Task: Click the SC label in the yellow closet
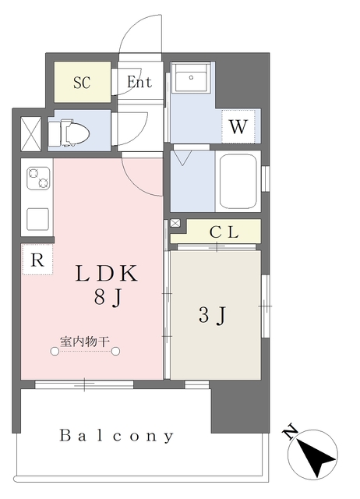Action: [x=82, y=83]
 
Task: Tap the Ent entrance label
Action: [x=139, y=82]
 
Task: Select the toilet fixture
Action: [x=69, y=133]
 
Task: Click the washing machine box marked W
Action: [x=238, y=126]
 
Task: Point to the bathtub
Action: [x=238, y=181]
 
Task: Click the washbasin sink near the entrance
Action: [x=190, y=78]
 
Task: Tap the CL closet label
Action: [x=224, y=232]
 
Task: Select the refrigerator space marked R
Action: [x=37, y=260]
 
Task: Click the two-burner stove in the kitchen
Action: [x=38, y=179]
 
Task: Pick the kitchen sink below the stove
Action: [x=38, y=219]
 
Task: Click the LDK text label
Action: [x=107, y=274]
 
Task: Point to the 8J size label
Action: [x=108, y=299]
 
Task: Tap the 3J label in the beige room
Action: [x=212, y=315]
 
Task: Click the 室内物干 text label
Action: [x=85, y=342]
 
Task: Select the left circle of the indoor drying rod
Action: [x=55, y=351]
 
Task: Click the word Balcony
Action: [x=117, y=435]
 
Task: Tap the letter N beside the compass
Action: [x=291, y=432]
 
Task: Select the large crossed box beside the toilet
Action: [x=31, y=134]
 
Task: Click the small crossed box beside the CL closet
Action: [x=175, y=223]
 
